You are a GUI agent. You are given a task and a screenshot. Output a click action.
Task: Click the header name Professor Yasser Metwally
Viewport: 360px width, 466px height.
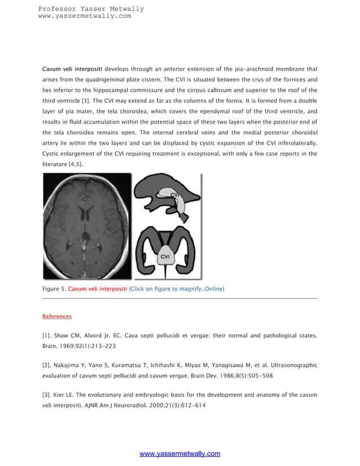[91, 8]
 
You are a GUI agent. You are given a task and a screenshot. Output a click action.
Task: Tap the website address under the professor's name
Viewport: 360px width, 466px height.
[85, 16]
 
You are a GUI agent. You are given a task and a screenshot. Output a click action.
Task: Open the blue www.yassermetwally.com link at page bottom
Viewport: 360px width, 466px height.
[179, 454]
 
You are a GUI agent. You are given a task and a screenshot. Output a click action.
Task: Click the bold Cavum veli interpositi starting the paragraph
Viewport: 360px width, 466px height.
[72, 69]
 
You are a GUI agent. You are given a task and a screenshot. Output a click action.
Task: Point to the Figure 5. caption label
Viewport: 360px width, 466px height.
[54, 289]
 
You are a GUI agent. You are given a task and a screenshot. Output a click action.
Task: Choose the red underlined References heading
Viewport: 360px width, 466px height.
[57, 316]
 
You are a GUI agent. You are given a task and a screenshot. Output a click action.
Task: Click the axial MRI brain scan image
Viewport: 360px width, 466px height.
[87, 226]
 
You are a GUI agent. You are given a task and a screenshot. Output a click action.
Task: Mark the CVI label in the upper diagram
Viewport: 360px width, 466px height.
[175, 196]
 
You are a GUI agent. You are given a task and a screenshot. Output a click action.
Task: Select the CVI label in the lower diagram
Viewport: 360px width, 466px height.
[166, 257]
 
